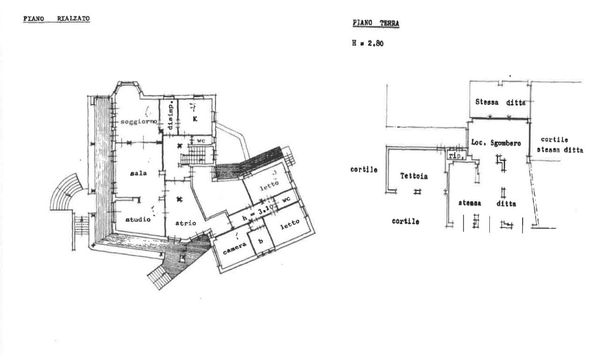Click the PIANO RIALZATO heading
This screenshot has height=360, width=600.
pos(57,19)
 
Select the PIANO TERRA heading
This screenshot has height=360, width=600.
pos(376,23)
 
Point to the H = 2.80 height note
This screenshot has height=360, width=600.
pos(368,44)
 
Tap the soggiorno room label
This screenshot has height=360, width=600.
pos(139,121)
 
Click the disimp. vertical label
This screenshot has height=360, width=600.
pos(170,115)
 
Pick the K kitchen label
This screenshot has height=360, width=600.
pos(195,119)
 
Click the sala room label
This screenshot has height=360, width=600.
pos(138,173)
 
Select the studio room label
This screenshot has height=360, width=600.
pos(138,219)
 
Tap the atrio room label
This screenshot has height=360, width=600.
pos(186,223)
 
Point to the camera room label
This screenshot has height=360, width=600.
pos(235,248)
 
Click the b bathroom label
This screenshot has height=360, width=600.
pos(261,240)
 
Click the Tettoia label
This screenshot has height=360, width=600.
pos(414,176)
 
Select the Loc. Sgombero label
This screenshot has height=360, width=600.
pos(496,143)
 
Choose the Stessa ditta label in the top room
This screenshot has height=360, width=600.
pos(500,102)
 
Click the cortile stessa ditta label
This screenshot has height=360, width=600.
pos(560,145)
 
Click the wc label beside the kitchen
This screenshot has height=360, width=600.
pos(201,141)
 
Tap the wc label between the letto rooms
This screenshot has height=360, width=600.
pos(286,199)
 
